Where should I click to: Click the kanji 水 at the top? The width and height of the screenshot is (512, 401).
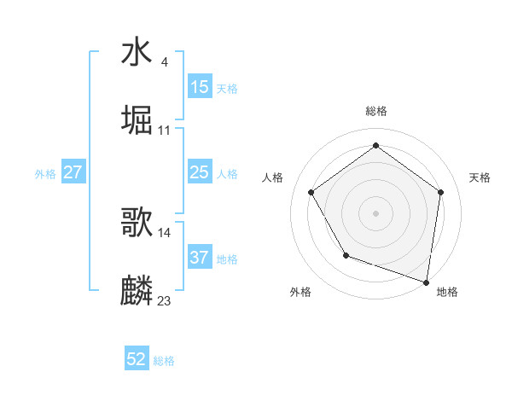point(137,52)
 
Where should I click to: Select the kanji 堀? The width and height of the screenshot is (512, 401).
point(137,119)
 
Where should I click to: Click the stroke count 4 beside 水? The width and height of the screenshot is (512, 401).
point(164,61)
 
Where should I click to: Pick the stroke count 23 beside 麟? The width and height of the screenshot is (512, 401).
point(165,300)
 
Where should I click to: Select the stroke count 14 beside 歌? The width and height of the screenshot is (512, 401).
point(165,232)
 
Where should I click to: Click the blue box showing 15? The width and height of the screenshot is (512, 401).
point(199,86)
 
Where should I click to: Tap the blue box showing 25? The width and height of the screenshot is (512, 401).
point(199,172)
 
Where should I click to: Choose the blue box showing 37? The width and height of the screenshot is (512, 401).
point(199,257)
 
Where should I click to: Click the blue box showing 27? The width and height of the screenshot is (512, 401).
point(73,172)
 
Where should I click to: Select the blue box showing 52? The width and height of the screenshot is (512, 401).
point(137,359)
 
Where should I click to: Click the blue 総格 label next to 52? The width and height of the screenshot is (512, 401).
point(164,361)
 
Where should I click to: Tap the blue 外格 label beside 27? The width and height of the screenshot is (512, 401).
point(45,174)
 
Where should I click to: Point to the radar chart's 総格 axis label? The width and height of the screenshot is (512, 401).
point(375,111)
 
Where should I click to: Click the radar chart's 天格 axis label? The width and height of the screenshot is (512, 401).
point(480,177)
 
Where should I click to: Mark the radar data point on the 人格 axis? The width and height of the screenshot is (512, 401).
point(311,192)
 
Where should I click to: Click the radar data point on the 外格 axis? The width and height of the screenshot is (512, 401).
point(346,255)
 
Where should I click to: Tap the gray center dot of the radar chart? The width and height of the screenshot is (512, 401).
point(375,212)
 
